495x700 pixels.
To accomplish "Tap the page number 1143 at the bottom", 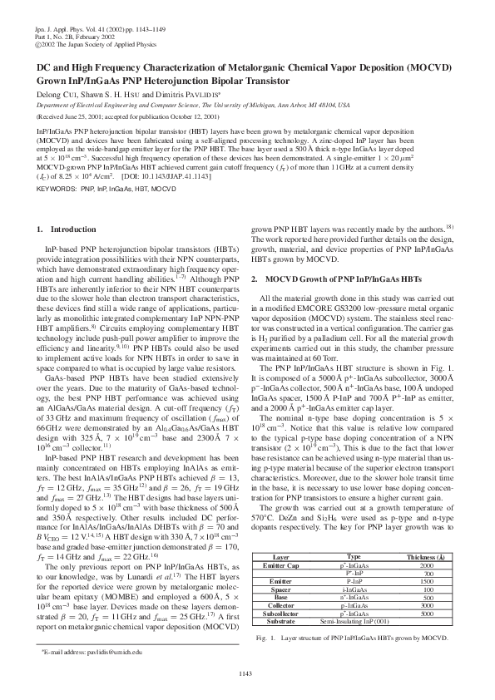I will click(247, 672).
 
